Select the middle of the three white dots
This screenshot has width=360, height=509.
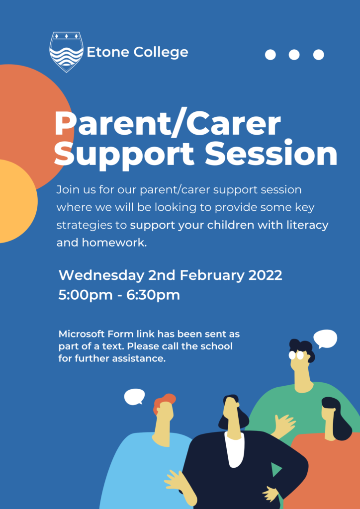pyautogui.click(x=294, y=55)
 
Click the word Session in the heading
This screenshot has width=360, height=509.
pyautogui.click(x=271, y=153)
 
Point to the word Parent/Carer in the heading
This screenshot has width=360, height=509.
pyautogui.click(x=168, y=124)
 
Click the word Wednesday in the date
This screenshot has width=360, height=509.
pyautogui.click(x=101, y=275)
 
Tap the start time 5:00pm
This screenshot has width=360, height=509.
pyautogui.click(x=86, y=295)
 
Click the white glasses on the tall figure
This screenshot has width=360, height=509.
pyautogui.click(x=296, y=355)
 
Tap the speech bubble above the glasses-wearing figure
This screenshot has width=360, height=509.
pyautogui.click(x=325, y=339)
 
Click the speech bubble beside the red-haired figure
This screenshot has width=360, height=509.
pyautogui.click(x=134, y=397)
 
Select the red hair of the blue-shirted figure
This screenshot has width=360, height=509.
pyautogui.click(x=164, y=402)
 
